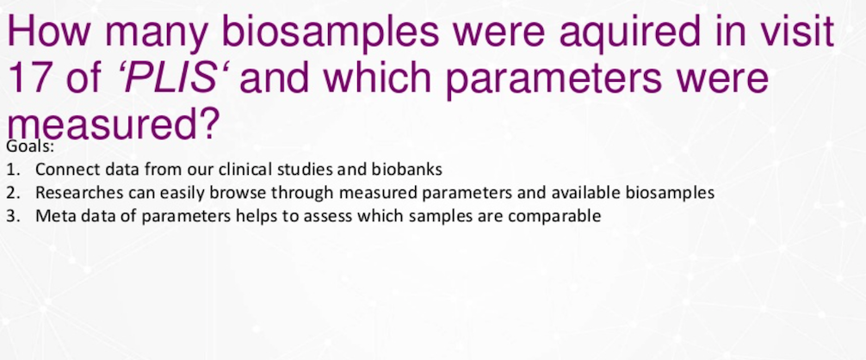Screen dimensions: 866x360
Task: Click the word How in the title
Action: coord(48,32)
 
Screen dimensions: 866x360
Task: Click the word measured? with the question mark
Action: coord(113,123)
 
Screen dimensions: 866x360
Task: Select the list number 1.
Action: coord(13,170)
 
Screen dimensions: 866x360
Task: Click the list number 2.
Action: coord(13,193)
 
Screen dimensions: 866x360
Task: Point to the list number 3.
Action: coord(13,216)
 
